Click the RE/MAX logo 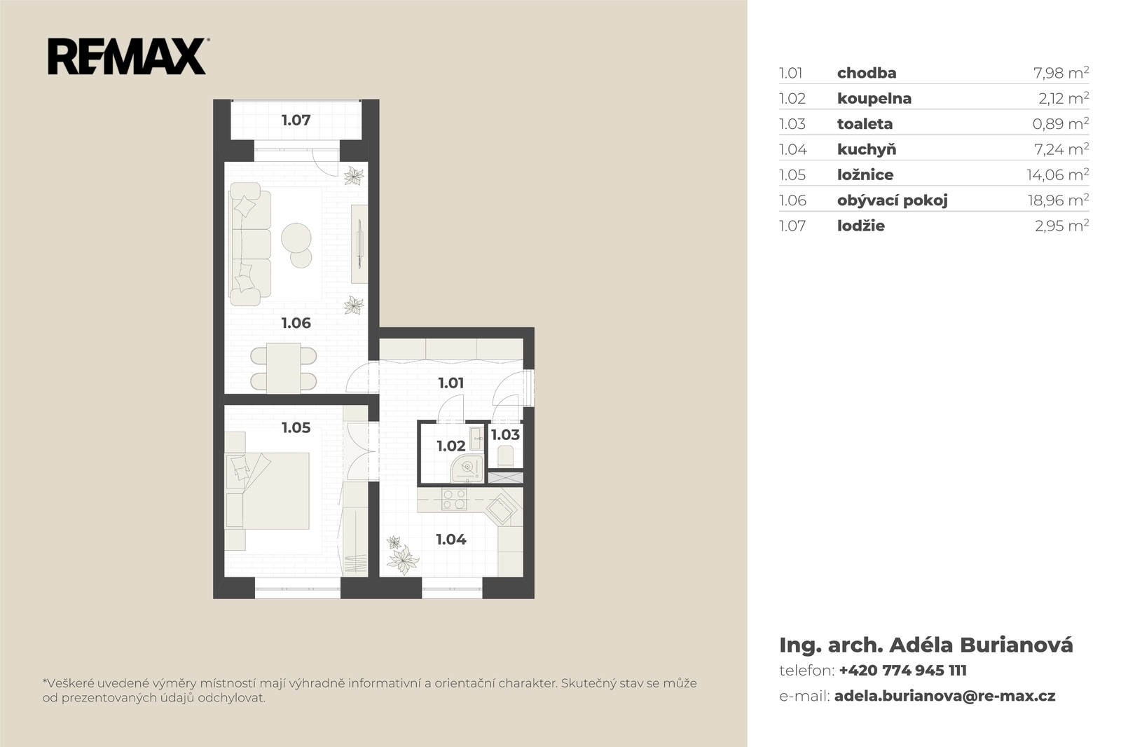pyautogui.click(x=128, y=57)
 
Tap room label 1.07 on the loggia pyautogui.click(x=296, y=120)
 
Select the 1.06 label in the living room pyautogui.click(x=296, y=323)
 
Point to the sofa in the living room pyautogui.click(x=249, y=244)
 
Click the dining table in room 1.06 pyautogui.click(x=283, y=368)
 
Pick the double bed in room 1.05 pyautogui.click(x=268, y=491)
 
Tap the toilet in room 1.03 pyautogui.click(x=505, y=456)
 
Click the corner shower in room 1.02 pyautogui.click(x=467, y=469)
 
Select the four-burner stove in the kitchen pyautogui.click(x=455, y=499)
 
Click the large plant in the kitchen pyautogui.click(x=402, y=559)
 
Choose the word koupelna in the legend pyautogui.click(x=874, y=98)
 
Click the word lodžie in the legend pyautogui.click(x=861, y=226)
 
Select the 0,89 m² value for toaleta pyautogui.click(x=1061, y=123)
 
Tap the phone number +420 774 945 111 pyautogui.click(x=903, y=670)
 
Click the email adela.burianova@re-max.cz pyautogui.click(x=945, y=696)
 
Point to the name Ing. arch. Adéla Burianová pyautogui.click(x=926, y=645)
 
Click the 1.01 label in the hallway pyautogui.click(x=451, y=383)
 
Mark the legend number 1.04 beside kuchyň pyautogui.click(x=792, y=149)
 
